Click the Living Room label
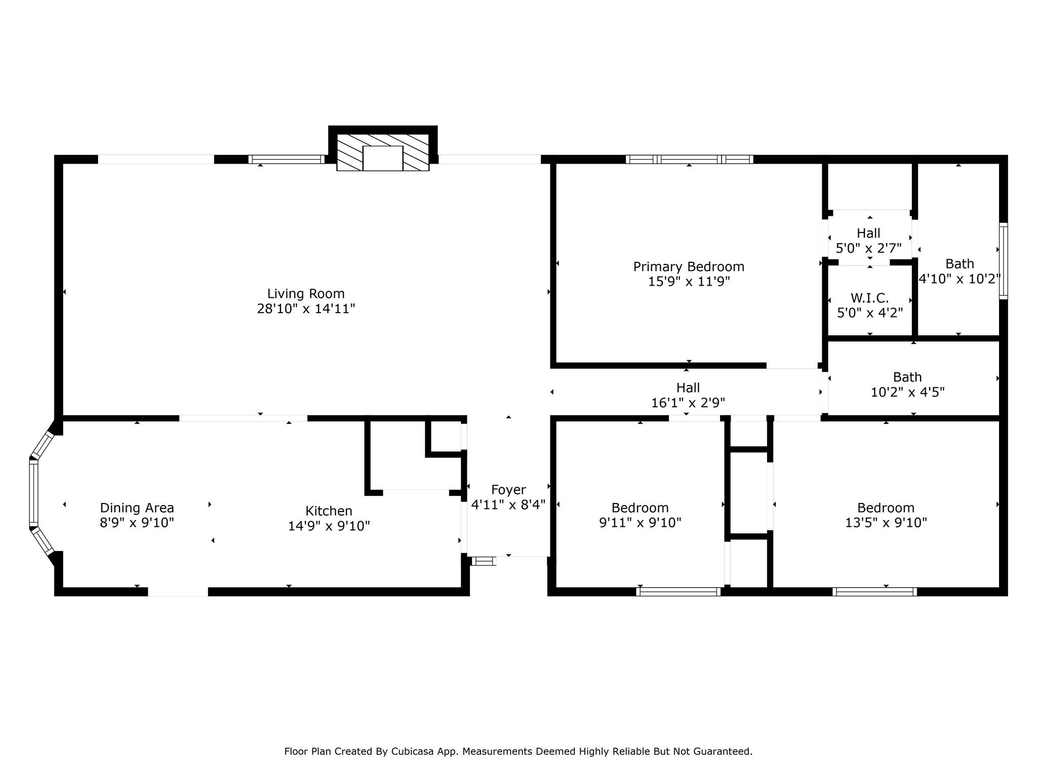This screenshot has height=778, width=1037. click(x=306, y=294)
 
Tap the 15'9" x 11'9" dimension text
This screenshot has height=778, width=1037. click(x=689, y=282)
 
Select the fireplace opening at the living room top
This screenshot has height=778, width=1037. click(x=383, y=158)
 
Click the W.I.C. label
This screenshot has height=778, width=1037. click(x=869, y=298)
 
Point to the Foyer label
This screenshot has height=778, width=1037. click(x=508, y=490)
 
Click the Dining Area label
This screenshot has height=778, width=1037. click(x=137, y=508)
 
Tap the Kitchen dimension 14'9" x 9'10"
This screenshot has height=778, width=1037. click(x=329, y=526)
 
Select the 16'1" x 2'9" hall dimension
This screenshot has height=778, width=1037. click(x=688, y=403)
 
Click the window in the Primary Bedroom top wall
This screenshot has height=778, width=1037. click(x=689, y=159)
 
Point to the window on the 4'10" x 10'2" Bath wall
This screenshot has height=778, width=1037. click(x=1003, y=261)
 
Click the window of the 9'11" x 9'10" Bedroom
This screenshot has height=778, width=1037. click(x=679, y=591)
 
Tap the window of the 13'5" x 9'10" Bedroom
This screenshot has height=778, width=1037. click(x=874, y=591)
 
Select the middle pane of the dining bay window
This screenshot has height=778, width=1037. click(x=33, y=493)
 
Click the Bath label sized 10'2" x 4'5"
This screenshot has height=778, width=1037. click(x=907, y=377)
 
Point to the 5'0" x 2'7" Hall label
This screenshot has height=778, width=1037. click(x=868, y=234)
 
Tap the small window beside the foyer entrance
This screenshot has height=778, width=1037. click(x=484, y=561)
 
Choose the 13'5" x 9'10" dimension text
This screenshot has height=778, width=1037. click(x=886, y=523)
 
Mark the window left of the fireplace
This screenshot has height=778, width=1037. click(x=286, y=159)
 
